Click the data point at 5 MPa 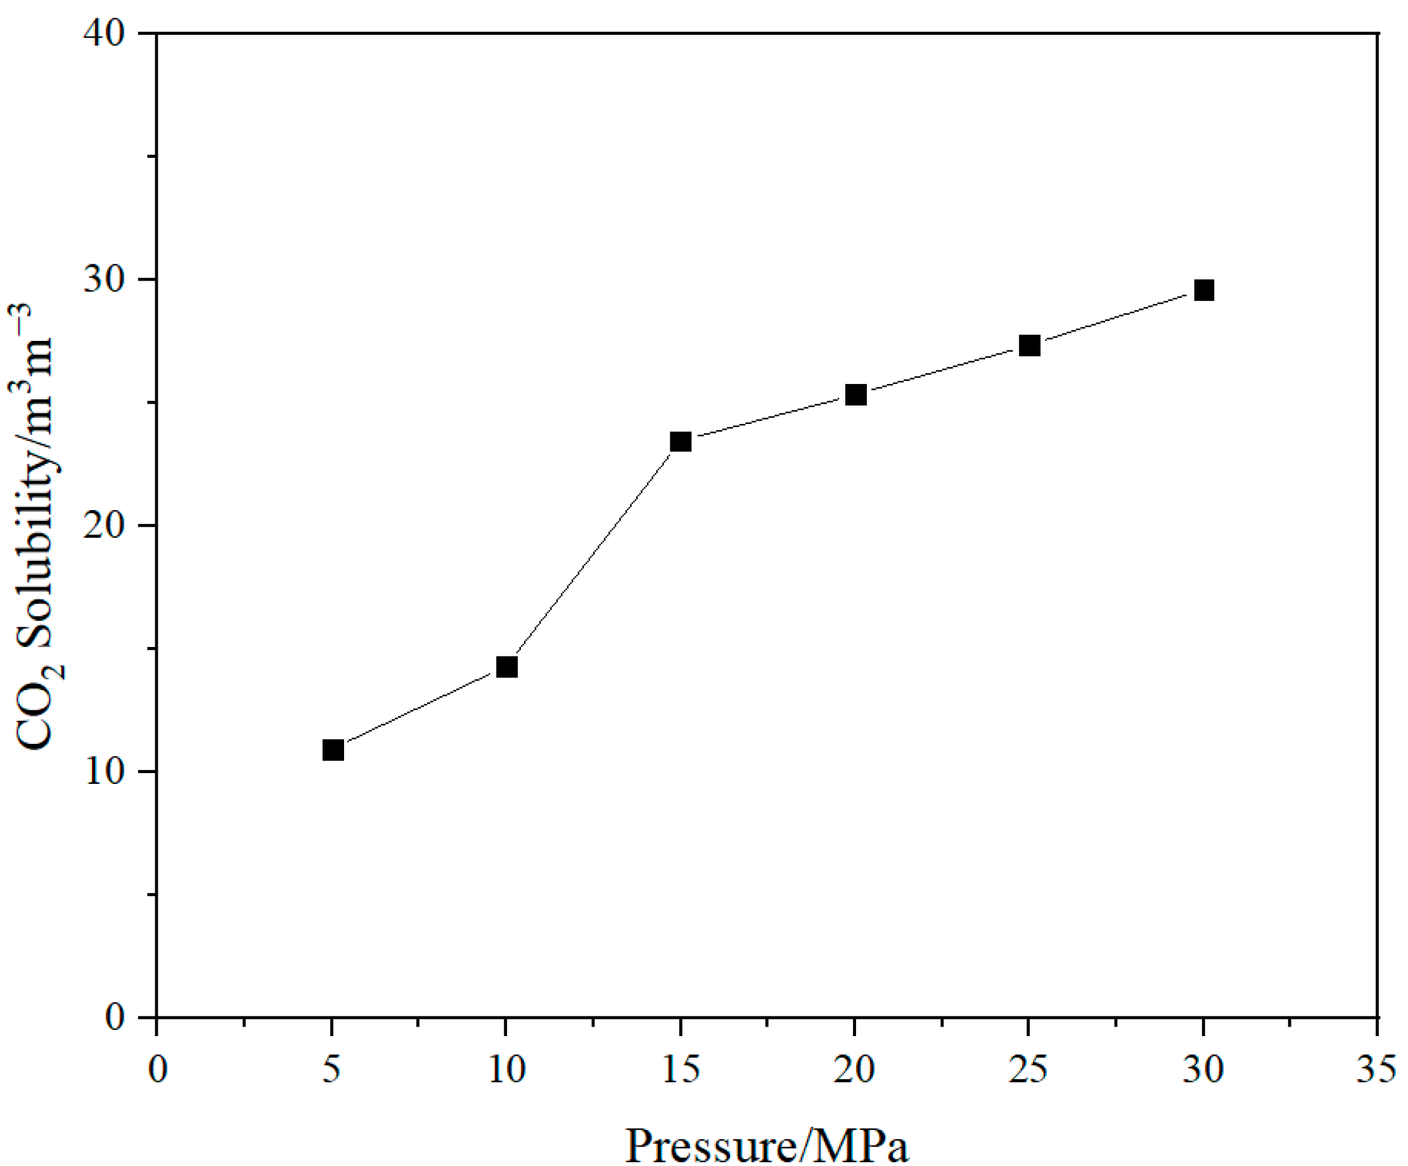coord(333,750)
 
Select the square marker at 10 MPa coord(507,667)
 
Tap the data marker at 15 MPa coord(681,441)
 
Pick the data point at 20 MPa coord(855,395)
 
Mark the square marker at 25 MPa coord(1029,345)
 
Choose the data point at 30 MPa coord(1204,290)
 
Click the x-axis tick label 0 coord(158,1069)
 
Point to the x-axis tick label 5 coord(331,1069)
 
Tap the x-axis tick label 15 coord(681,1069)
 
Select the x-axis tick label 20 coord(854,1069)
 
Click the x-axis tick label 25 coord(1028,1069)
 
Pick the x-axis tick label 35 coord(1376,1069)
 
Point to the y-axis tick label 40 coord(105,34)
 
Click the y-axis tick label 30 coord(105,279)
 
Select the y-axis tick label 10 coord(105,772)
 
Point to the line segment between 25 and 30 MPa coord(1117,318)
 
